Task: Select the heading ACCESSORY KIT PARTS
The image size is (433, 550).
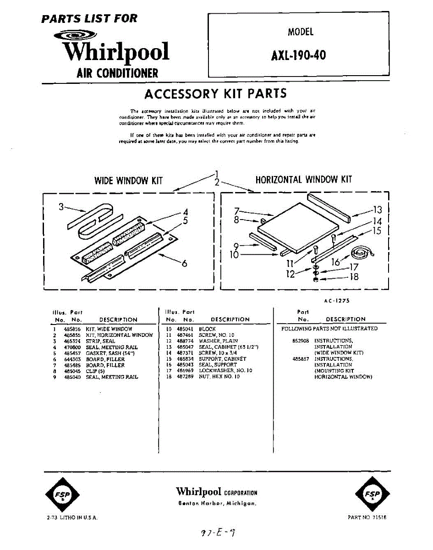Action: (x=215, y=93)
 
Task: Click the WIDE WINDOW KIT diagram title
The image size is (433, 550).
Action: (x=128, y=180)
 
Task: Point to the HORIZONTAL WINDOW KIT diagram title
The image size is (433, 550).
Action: (x=303, y=179)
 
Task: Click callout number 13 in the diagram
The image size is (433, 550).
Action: (x=377, y=210)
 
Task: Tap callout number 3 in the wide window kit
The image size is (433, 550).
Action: (x=61, y=207)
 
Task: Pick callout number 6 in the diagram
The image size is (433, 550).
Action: (x=184, y=264)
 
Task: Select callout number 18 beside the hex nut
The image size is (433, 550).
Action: (x=354, y=276)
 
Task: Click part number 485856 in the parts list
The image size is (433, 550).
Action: (x=72, y=329)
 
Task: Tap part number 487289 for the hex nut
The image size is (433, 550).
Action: (x=185, y=377)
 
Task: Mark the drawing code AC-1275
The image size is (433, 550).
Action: (x=336, y=301)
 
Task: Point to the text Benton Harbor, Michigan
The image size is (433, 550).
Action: (x=217, y=503)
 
